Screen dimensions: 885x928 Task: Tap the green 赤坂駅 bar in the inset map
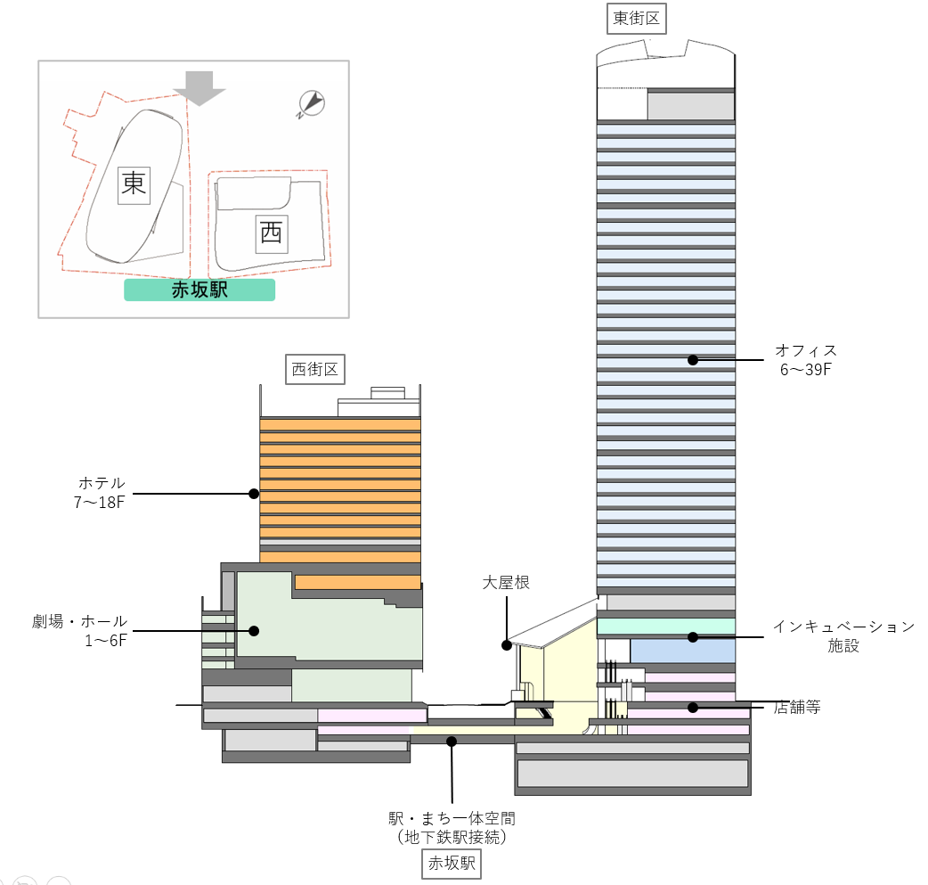pos(199,290)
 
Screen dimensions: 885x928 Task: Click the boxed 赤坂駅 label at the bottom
pos(452,863)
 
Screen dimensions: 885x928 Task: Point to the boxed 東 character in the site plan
pos(134,184)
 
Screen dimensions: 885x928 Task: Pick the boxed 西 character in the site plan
pos(271,234)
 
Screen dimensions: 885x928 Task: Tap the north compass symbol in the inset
pos(311,104)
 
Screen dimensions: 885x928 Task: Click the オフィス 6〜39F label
pos(805,359)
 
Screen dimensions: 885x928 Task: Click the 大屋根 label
pos(506,583)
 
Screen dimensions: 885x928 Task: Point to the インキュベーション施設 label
pos(843,635)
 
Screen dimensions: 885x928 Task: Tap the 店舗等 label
pos(796,708)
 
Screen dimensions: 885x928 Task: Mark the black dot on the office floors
pos(692,360)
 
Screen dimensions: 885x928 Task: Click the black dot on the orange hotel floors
pos(254,493)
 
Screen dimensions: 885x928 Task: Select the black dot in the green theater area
pos(254,631)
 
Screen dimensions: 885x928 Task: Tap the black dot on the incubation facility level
pos(692,636)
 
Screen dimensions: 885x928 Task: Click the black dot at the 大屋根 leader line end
pos(506,643)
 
